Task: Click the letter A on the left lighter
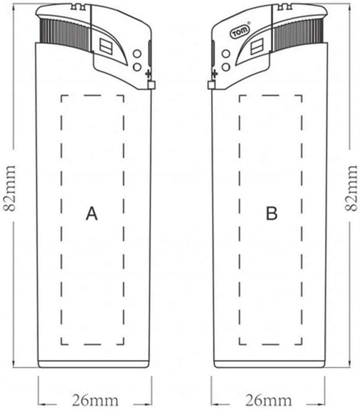[x=91, y=213]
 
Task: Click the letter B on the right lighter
[x=271, y=213]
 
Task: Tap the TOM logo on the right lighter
[x=236, y=33]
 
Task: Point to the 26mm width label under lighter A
[x=95, y=400]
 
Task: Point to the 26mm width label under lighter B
[x=268, y=400]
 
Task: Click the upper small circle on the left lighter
[x=136, y=53]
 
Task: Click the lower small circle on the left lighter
[x=136, y=66]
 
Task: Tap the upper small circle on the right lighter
[x=225, y=53]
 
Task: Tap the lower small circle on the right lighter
[x=225, y=66]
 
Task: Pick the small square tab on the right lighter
[x=211, y=85]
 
